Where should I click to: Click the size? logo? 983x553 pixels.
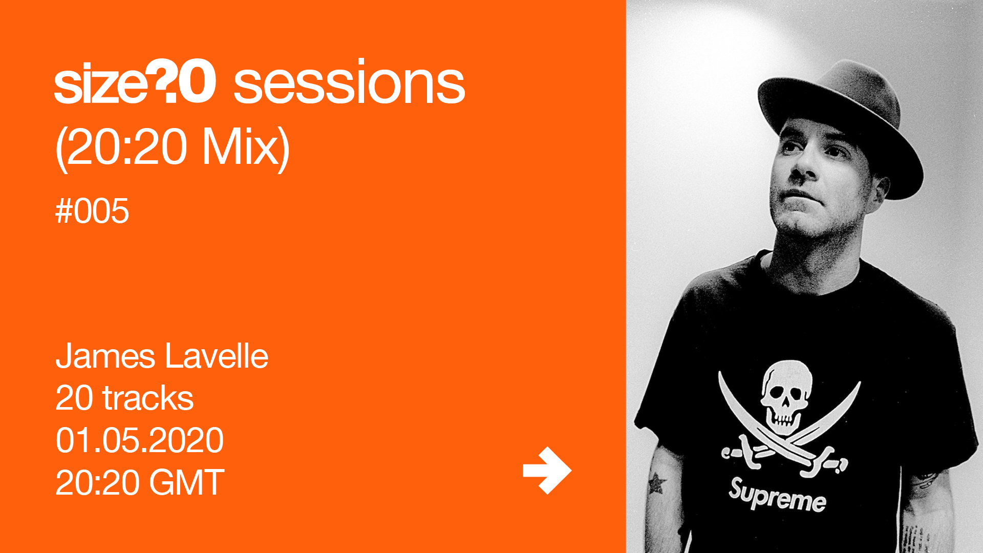[135, 81]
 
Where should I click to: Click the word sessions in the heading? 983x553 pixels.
[349, 82]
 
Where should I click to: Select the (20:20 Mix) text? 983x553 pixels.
[173, 147]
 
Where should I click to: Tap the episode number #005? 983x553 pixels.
[92, 211]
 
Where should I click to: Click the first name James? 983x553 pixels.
[105, 356]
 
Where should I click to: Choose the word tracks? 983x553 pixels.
[148, 398]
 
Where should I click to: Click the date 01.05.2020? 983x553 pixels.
[139, 440]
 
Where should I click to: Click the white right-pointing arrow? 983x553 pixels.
[547, 471]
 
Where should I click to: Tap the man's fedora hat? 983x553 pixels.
[840, 125]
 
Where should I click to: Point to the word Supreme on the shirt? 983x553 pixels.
[777, 495]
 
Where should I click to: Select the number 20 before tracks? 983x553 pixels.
[74, 398]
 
